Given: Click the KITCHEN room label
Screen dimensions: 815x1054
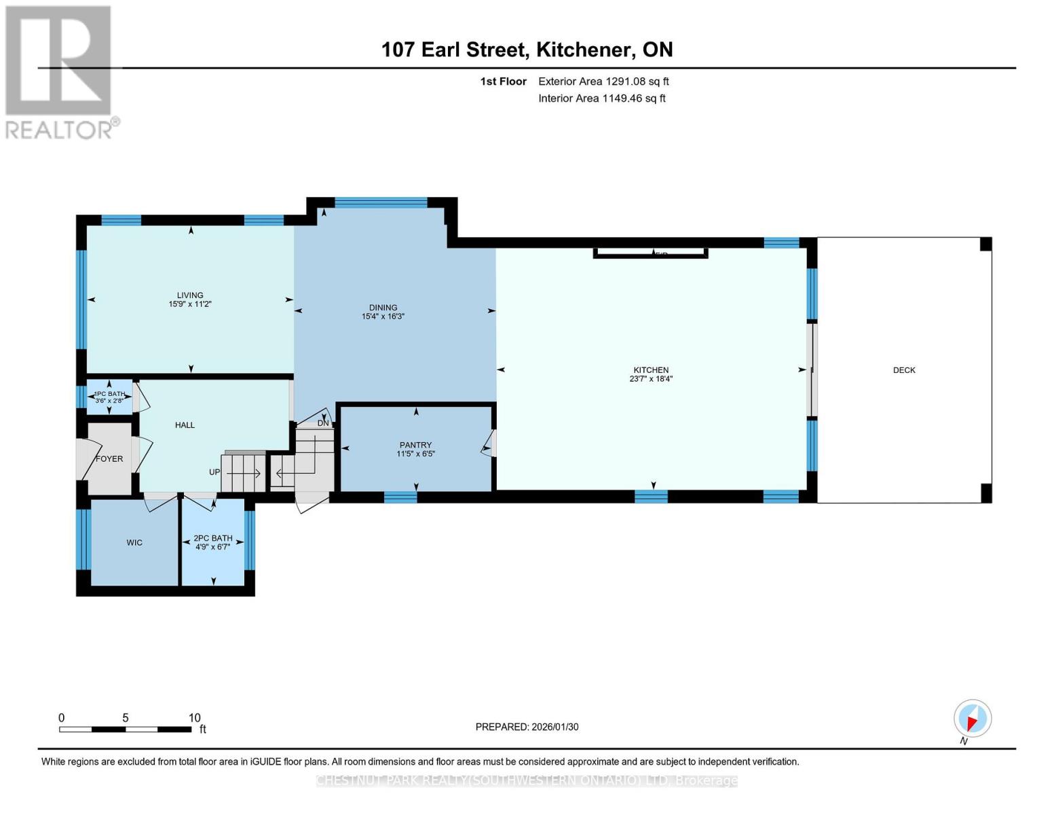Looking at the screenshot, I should [x=651, y=370].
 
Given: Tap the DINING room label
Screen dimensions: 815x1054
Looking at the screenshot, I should [x=383, y=308].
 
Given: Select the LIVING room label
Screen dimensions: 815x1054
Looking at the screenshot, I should [x=190, y=295].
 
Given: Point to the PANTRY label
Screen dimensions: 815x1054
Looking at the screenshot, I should [x=415, y=445].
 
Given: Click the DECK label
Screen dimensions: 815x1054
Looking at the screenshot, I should [x=904, y=370].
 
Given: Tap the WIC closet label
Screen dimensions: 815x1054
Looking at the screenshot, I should [x=134, y=543].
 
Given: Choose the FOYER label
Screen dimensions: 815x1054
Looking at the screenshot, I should [x=109, y=459].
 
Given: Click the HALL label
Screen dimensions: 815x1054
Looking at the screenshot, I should [x=185, y=425].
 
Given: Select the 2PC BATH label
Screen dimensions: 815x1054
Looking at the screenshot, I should [x=213, y=538].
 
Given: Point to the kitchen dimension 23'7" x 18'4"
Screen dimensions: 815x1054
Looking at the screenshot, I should [x=651, y=380].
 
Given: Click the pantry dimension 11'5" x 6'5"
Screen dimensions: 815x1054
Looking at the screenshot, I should [x=415, y=454].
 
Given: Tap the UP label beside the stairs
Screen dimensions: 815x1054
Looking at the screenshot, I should [x=214, y=472].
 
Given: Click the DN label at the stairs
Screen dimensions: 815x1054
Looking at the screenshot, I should [x=323, y=423].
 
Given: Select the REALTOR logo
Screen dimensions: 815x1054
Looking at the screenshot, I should [x=60, y=72].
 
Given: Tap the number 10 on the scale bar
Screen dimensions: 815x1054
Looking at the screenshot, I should [x=194, y=718].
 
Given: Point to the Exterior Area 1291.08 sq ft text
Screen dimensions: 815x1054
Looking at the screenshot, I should [x=603, y=81].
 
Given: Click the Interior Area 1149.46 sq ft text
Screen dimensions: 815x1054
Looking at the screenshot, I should [x=601, y=98].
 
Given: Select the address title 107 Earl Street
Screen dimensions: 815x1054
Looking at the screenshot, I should [x=453, y=50].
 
